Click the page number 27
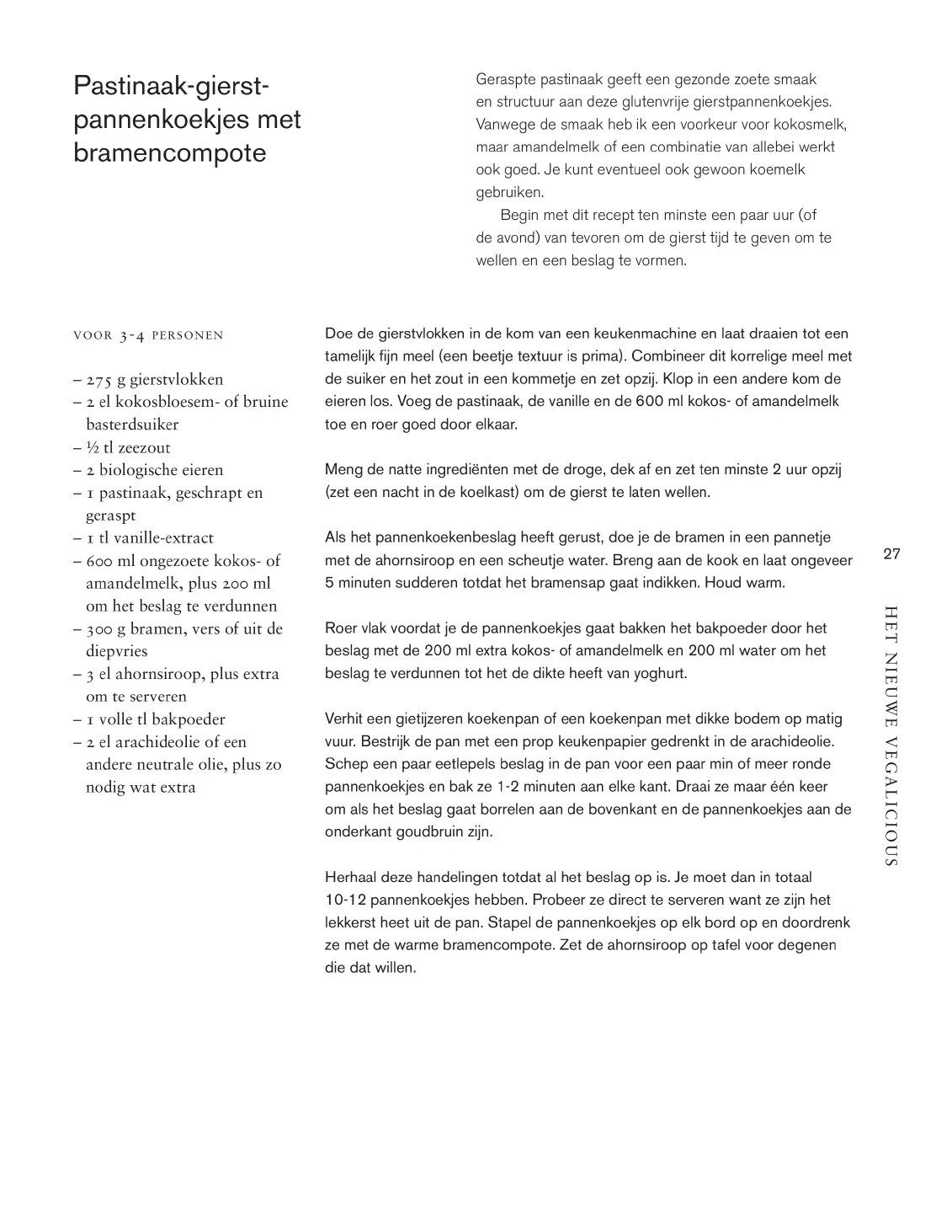(892, 553)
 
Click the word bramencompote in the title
(169, 154)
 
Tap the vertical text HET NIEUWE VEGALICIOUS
(891, 735)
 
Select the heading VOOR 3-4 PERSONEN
(148, 335)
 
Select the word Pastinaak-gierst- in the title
(172, 86)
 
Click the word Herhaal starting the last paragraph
(351, 877)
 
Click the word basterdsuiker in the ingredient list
(132, 425)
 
